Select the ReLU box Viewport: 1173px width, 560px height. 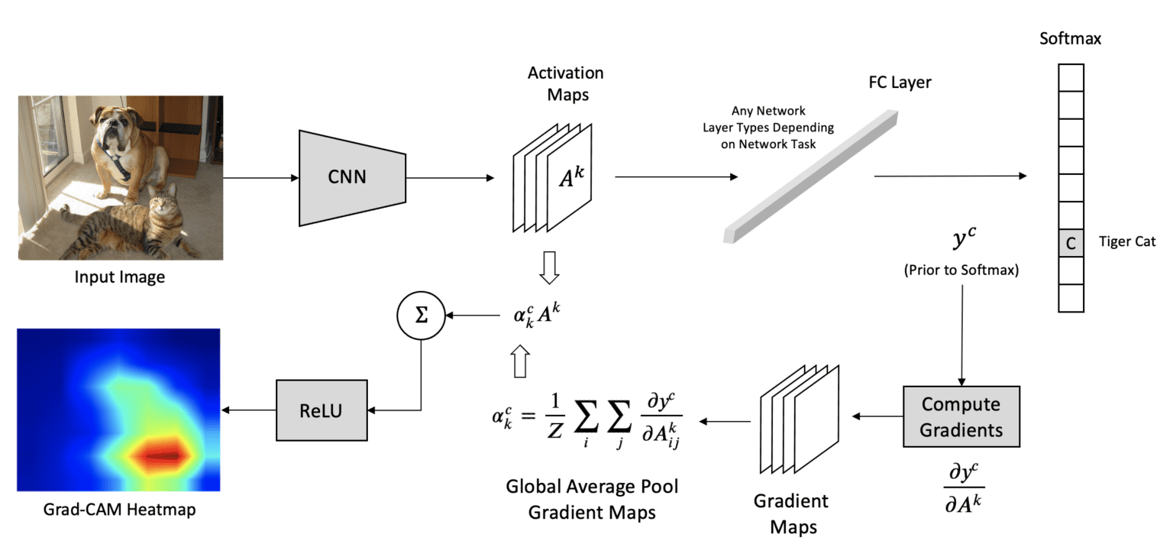pos(321,411)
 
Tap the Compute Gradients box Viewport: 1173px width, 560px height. pos(961,416)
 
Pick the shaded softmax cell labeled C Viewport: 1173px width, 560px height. pos(1071,243)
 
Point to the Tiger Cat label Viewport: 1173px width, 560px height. pos(1127,242)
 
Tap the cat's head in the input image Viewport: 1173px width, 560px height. pos(163,204)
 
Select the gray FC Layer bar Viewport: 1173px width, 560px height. pos(809,176)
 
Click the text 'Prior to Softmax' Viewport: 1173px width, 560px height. pos(961,271)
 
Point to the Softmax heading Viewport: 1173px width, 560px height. pos(1070,38)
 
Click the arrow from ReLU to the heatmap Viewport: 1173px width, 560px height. pos(248,411)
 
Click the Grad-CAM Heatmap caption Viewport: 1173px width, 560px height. pos(119,509)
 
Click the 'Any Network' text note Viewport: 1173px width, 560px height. pos(767,111)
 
